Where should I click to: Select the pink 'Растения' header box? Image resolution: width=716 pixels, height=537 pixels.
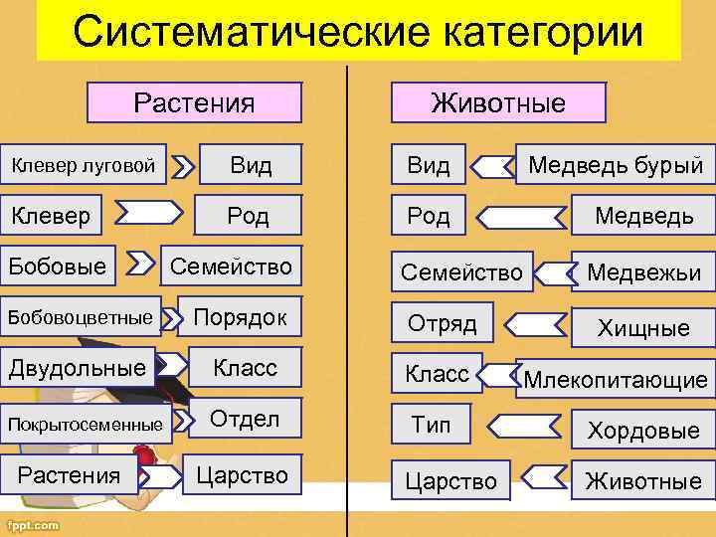(195, 102)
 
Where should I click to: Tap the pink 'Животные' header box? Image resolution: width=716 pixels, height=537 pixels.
(498, 102)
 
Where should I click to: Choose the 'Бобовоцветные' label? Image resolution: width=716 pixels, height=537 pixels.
(82, 317)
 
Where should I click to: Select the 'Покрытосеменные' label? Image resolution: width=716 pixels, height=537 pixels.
(86, 425)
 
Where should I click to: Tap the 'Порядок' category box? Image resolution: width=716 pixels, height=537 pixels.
(240, 317)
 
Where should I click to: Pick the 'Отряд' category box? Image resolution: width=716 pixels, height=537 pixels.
(444, 323)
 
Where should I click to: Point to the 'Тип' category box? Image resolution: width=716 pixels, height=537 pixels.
(431, 426)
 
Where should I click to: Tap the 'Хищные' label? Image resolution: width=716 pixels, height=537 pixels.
(643, 327)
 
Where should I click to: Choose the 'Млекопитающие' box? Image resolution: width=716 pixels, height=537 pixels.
(616, 379)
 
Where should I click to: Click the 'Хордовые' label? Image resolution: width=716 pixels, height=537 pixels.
(643, 431)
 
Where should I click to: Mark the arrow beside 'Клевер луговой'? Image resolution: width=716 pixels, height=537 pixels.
(182, 166)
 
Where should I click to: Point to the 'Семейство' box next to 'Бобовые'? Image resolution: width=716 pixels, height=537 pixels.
(231, 267)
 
